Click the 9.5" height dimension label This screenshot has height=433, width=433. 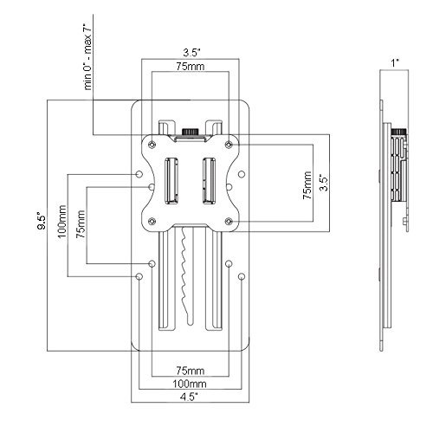click(x=42, y=222)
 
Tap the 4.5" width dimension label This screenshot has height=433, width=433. click(x=190, y=397)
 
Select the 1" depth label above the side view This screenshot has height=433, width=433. click(x=395, y=63)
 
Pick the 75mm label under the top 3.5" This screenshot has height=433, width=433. click(x=191, y=67)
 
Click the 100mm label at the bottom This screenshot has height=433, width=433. click(x=190, y=384)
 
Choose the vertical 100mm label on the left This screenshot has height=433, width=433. click(x=62, y=222)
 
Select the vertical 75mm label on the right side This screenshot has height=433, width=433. click(x=307, y=185)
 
